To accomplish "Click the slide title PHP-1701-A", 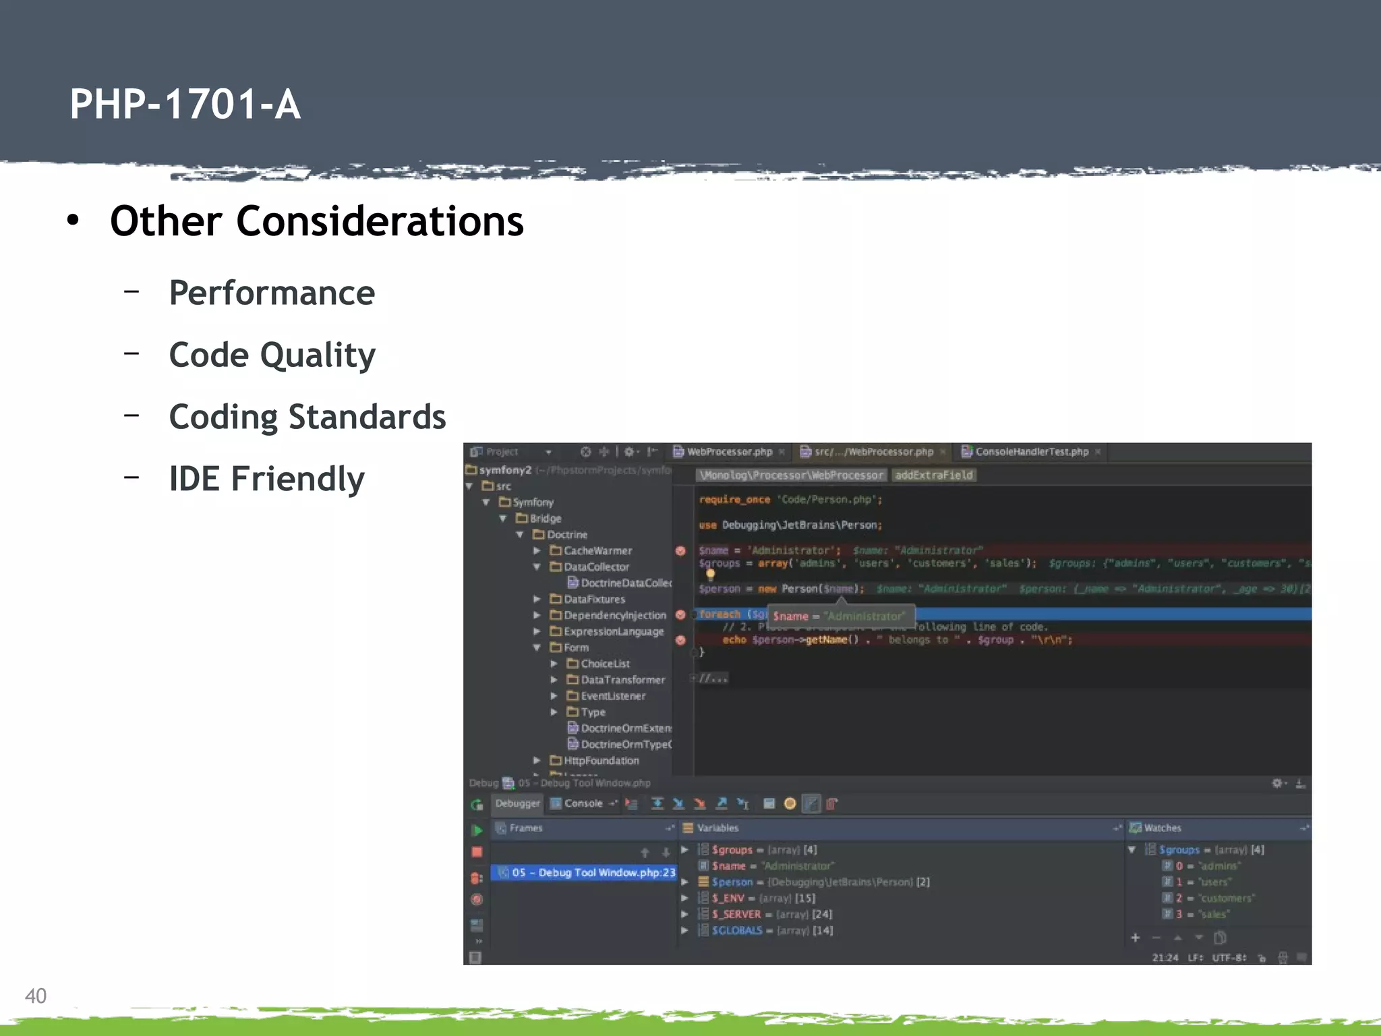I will point(185,105).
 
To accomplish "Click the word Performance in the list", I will point(271,293).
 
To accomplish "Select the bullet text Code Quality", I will point(272,355).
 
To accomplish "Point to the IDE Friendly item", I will point(266,479).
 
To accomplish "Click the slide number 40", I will point(35,996).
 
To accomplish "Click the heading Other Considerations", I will point(316,221).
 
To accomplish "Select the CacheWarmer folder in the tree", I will point(597,551).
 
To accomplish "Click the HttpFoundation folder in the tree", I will point(600,761).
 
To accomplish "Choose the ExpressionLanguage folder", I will point(613,632).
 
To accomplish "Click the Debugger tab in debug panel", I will point(517,803).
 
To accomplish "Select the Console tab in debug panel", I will point(583,803).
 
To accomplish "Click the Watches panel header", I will point(1162,828).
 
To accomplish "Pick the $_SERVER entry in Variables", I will point(736,915).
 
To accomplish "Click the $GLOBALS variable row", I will point(736,931).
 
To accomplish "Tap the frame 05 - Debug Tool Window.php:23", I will point(592,873).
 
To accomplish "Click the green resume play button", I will point(477,830).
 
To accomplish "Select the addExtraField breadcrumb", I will point(933,476).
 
